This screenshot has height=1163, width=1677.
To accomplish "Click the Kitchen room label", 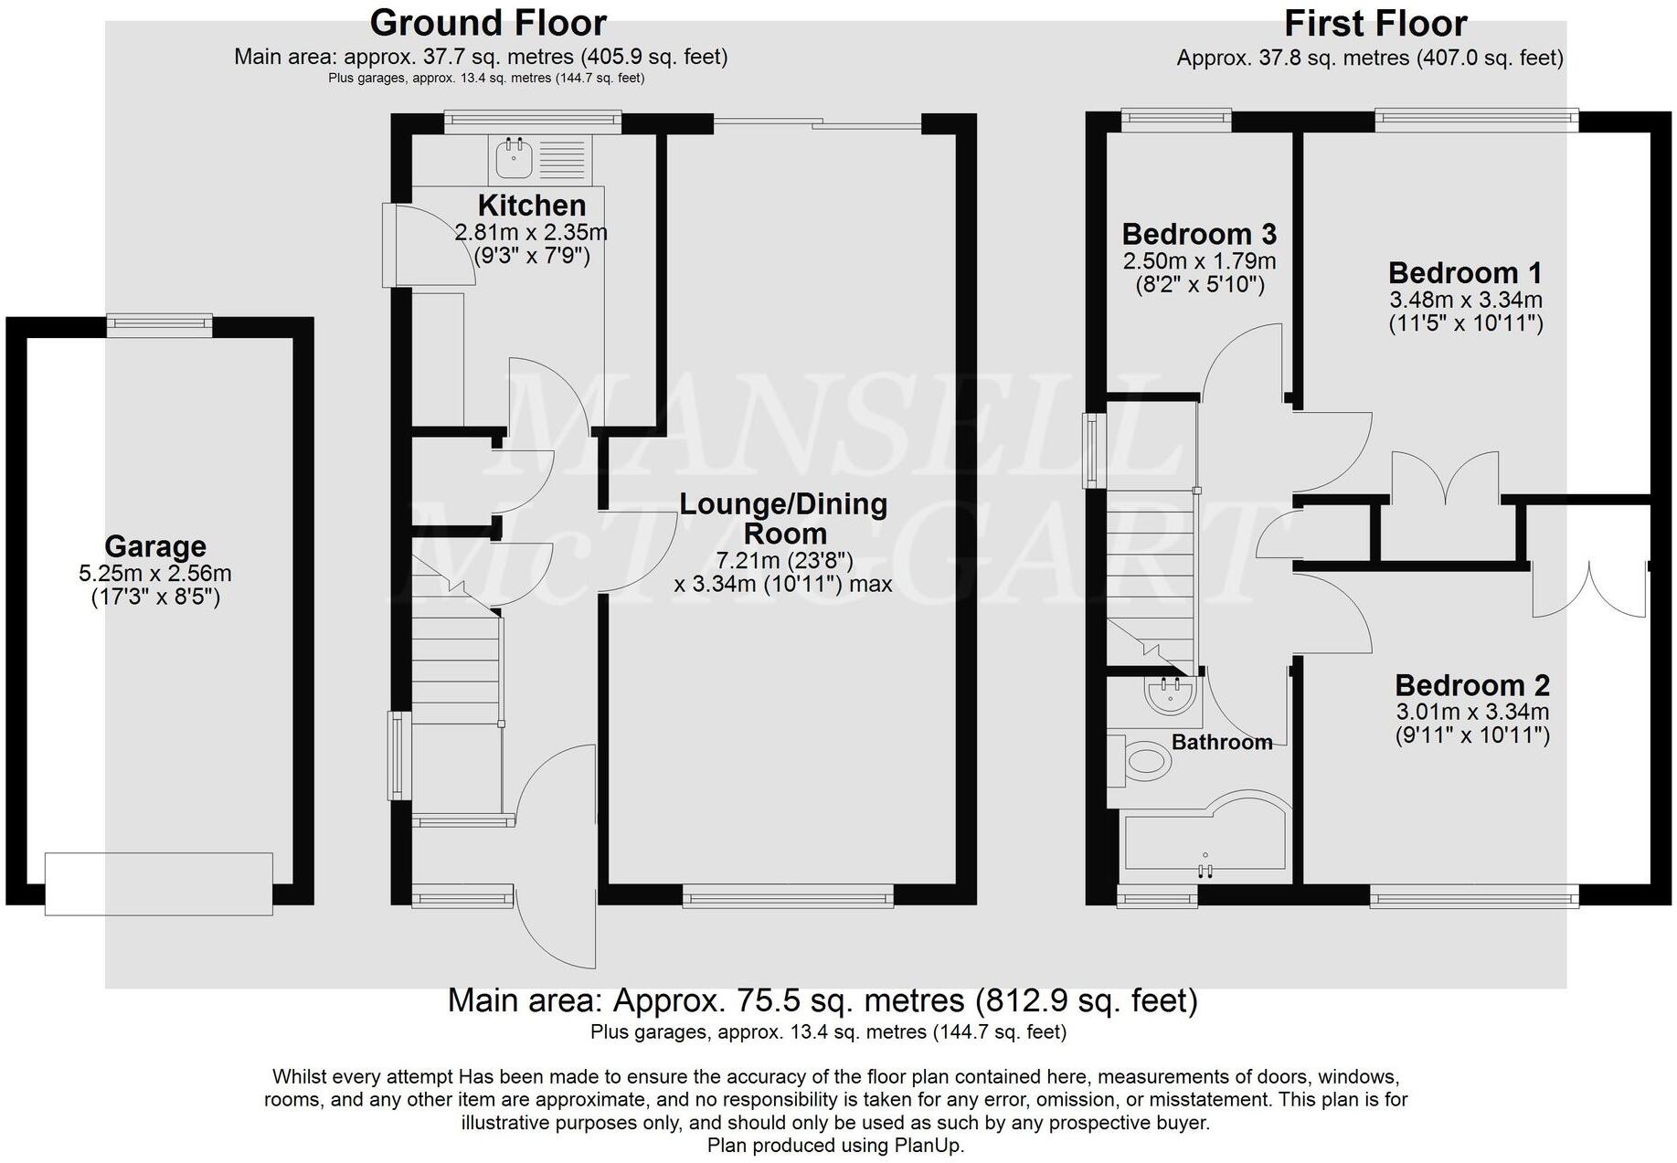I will pyautogui.click(x=531, y=205).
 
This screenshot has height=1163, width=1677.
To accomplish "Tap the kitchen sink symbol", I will pyautogui.click(x=515, y=159).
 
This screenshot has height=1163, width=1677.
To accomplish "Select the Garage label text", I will pyautogui.click(x=154, y=546).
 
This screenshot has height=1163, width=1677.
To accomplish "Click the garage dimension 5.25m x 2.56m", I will pyautogui.click(x=154, y=574).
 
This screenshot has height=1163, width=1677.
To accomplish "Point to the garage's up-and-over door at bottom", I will pyautogui.click(x=159, y=883).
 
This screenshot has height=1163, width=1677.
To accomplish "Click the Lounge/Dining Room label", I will pyautogui.click(x=783, y=518).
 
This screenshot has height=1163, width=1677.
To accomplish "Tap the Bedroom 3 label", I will pyautogui.click(x=1198, y=235).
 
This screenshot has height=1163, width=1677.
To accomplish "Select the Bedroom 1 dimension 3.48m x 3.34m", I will pyautogui.click(x=1465, y=300).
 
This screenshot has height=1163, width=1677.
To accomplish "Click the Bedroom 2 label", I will pyautogui.click(x=1471, y=685).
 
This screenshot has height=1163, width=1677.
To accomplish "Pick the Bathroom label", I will pyautogui.click(x=1222, y=742).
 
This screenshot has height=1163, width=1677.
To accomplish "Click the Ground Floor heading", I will pyautogui.click(x=487, y=22).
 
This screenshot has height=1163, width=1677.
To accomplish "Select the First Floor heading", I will pyautogui.click(x=1375, y=23).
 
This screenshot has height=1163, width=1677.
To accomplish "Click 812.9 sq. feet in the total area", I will pyautogui.click(x=1086, y=1000).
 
